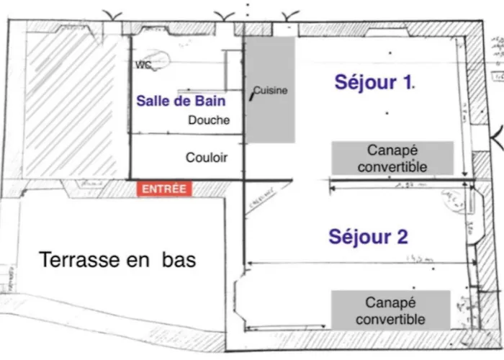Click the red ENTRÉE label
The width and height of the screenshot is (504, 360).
tap(164, 189)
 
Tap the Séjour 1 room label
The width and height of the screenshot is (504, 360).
tap(374, 82)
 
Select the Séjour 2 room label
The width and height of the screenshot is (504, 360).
tap(369, 236)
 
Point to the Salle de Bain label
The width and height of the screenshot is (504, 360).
tap(181, 102)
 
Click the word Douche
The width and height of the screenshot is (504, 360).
tap(209, 120)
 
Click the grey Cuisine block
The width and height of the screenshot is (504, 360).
tap(271, 90)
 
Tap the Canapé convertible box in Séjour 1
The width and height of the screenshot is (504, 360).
tap(392, 158)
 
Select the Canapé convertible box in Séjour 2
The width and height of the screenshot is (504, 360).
tap(390, 310)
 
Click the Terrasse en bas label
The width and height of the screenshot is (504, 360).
tap(117, 259)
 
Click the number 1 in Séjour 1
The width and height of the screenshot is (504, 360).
tap(406, 82)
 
